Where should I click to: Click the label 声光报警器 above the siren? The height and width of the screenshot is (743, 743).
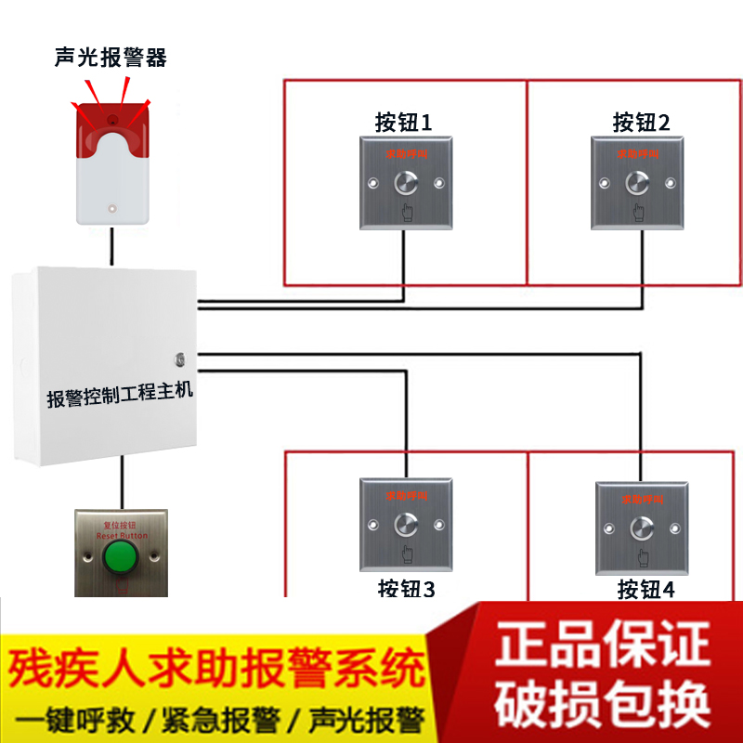click(x=111, y=58)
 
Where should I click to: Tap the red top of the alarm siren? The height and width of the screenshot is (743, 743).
click(x=111, y=121)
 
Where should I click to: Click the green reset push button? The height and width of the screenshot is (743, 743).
click(x=119, y=558)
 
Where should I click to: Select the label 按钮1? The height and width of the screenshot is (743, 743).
click(x=403, y=122)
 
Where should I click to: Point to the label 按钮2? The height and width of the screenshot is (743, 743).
click(x=641, y=122)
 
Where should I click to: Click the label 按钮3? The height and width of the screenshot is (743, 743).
click(x=406, y=588)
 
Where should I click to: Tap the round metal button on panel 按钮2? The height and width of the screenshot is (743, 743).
click(x=639, y=182)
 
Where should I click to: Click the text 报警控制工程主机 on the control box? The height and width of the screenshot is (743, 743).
click(x=120, y=395)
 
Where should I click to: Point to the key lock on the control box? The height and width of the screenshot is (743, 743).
click(x=179, y=357)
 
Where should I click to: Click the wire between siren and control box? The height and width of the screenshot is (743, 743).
click(x=111, y=246)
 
